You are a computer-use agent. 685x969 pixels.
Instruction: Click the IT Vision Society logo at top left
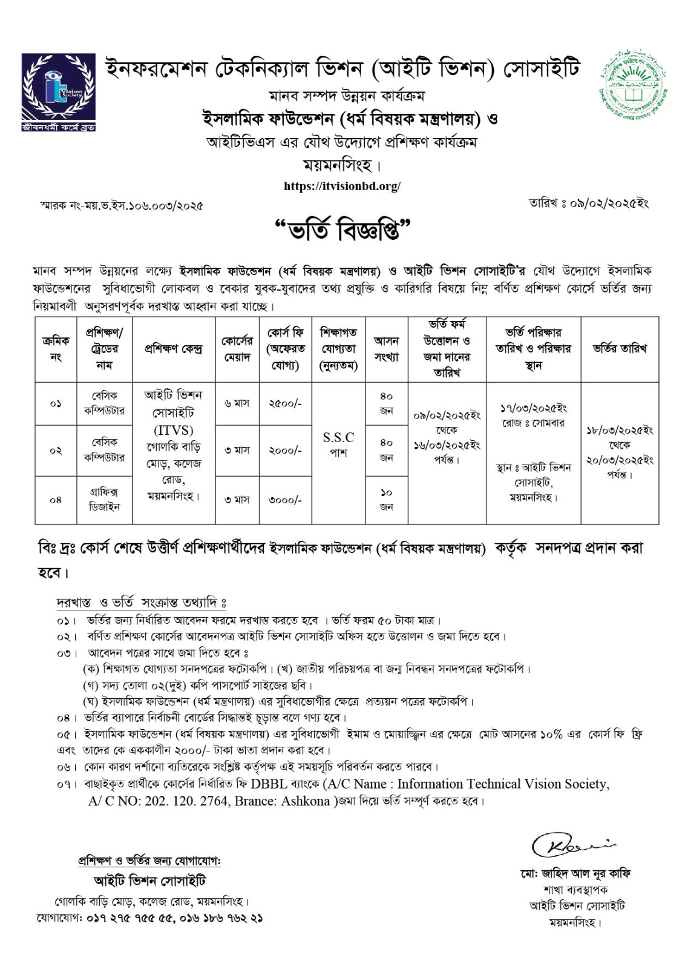59,91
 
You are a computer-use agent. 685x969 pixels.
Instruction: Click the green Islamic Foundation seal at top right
630,88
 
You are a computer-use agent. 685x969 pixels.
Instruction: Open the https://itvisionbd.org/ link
342,187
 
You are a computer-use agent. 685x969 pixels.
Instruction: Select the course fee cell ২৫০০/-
285,403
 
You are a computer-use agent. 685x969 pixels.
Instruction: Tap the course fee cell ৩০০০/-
285,500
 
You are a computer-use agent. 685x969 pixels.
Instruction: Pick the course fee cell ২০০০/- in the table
285,450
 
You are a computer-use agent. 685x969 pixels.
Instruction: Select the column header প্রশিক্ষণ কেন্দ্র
173,349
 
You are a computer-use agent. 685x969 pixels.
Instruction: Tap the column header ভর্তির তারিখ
620,349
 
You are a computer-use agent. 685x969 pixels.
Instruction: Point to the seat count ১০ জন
386,500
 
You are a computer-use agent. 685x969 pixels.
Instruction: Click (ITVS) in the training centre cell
173,431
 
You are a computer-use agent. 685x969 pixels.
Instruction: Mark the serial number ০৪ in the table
56,500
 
